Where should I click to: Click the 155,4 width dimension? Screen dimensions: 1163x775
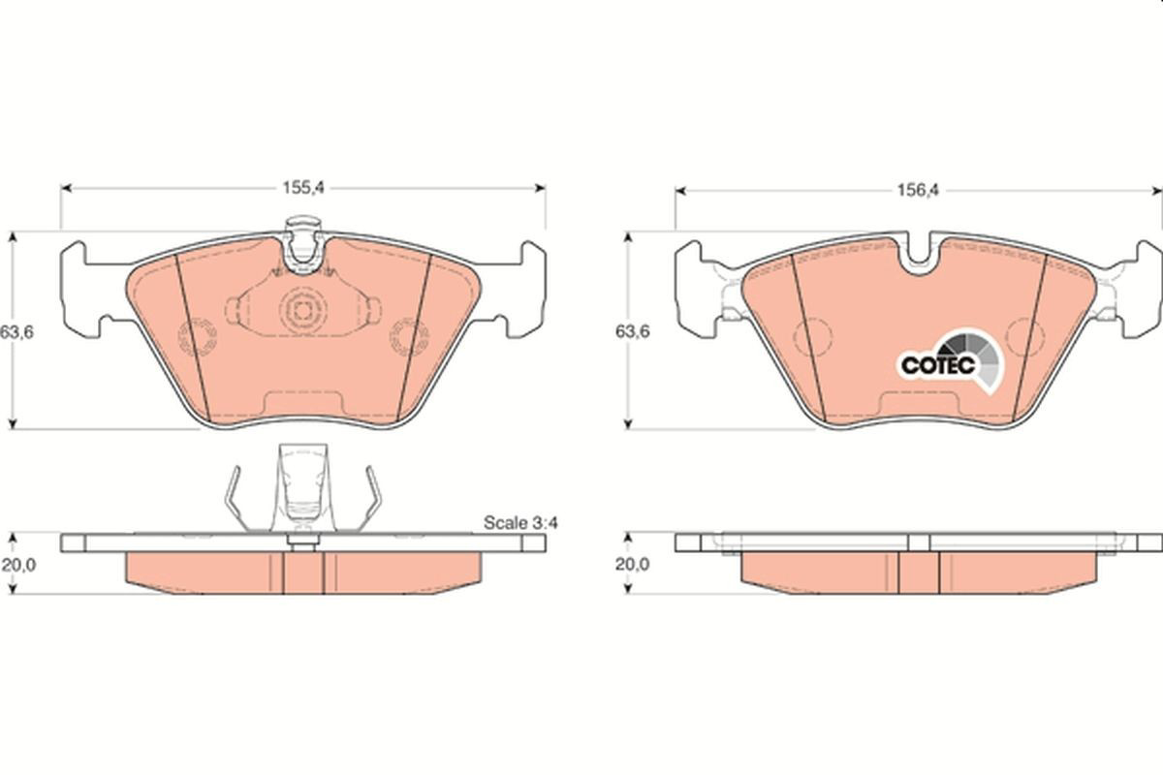click(302, 188)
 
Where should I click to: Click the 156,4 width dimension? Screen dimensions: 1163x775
click(919, 191)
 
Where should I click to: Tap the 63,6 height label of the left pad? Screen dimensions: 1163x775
click(17, 331)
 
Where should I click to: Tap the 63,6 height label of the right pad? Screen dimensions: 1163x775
click(632, 331)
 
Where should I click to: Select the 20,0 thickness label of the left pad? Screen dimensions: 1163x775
click(18, 564)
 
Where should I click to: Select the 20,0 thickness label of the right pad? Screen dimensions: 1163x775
click(632, 564)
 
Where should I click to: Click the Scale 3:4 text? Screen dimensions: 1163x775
click(520, 523)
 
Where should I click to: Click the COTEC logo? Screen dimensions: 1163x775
click(951, 360)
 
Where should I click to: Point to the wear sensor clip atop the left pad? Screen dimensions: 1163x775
click(303, 243)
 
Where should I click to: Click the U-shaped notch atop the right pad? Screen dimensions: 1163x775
click(919, 256)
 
